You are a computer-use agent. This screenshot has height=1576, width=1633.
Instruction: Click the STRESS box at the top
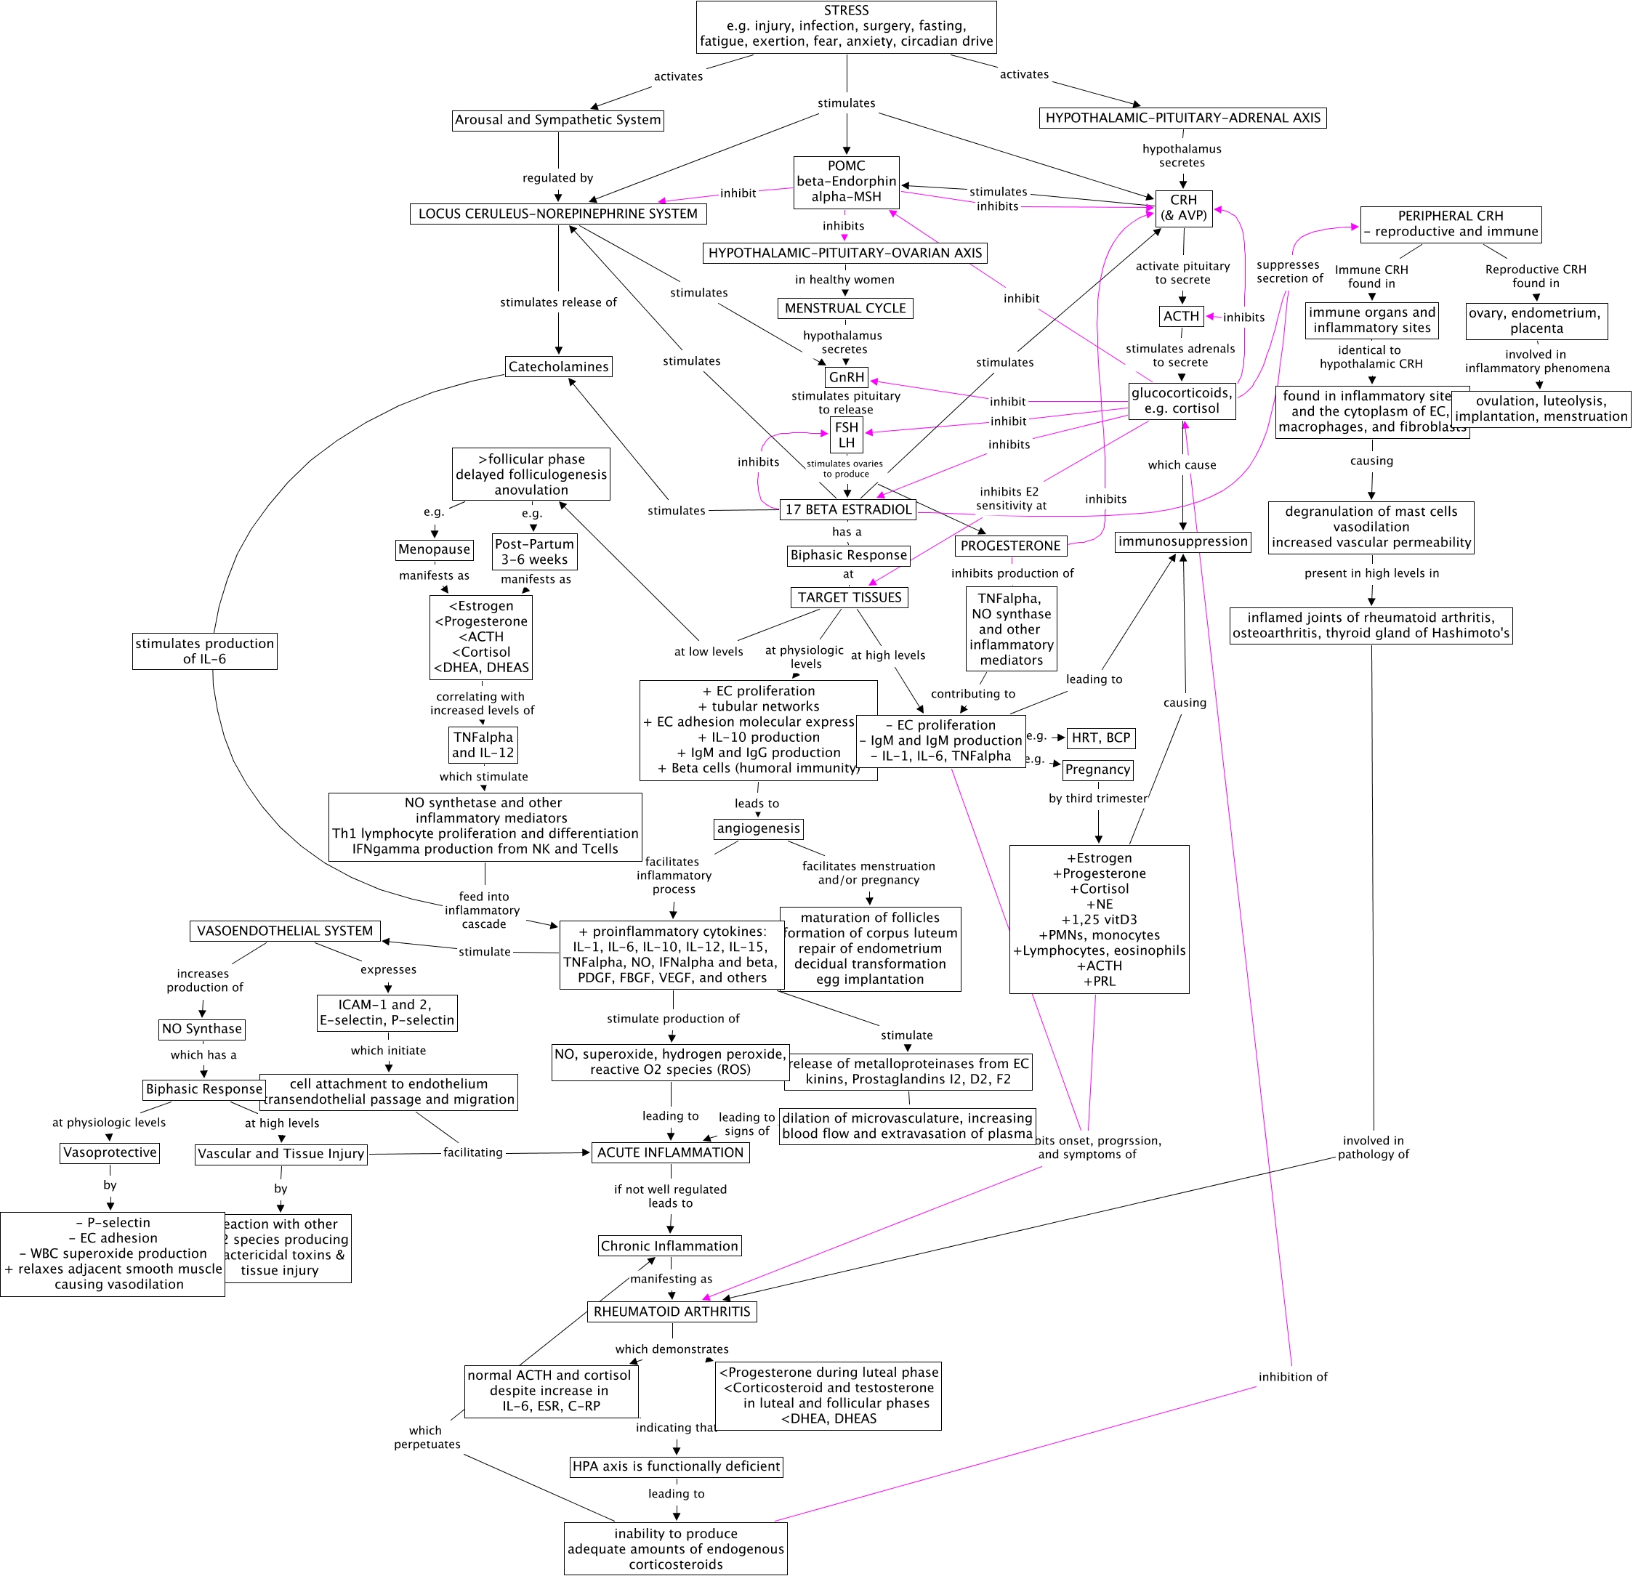click(x=847, y=27)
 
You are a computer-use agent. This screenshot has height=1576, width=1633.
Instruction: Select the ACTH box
click(x=1182, y=317)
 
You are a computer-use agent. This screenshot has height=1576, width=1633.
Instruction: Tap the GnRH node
click(x=847, y=377)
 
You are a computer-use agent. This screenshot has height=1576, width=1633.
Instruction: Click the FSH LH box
click(x=847, y=435)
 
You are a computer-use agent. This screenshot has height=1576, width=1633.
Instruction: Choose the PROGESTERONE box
click(x=1011, y=546)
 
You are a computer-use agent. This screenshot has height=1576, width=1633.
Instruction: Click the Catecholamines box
click(x=559, y=366)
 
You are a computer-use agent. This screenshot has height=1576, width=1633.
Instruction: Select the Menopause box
click(x=434, y=550)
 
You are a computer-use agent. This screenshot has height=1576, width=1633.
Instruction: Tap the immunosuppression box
click(x=1183, y=542)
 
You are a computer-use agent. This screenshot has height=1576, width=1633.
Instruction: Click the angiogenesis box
click(x=759, y=829)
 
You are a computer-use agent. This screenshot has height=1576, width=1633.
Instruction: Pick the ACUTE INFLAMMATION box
click(x=671, y=1153)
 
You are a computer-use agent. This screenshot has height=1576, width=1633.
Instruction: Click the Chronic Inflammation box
click(x=670, y=1246)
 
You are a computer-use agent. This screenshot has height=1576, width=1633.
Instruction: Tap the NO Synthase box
click(x=203, y=1030)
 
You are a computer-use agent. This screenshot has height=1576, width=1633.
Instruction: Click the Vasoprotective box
click(x=110, y=1153)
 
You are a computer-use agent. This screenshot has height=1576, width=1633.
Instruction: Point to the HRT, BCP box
click(x=1100, y=738)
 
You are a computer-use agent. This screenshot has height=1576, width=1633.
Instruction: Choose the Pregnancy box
click(x=1098, y=770)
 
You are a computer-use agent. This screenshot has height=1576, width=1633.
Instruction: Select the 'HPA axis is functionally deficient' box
click(x=676, y=1467)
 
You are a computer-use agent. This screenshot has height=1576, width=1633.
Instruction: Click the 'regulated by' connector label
click(x=558, y=178)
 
